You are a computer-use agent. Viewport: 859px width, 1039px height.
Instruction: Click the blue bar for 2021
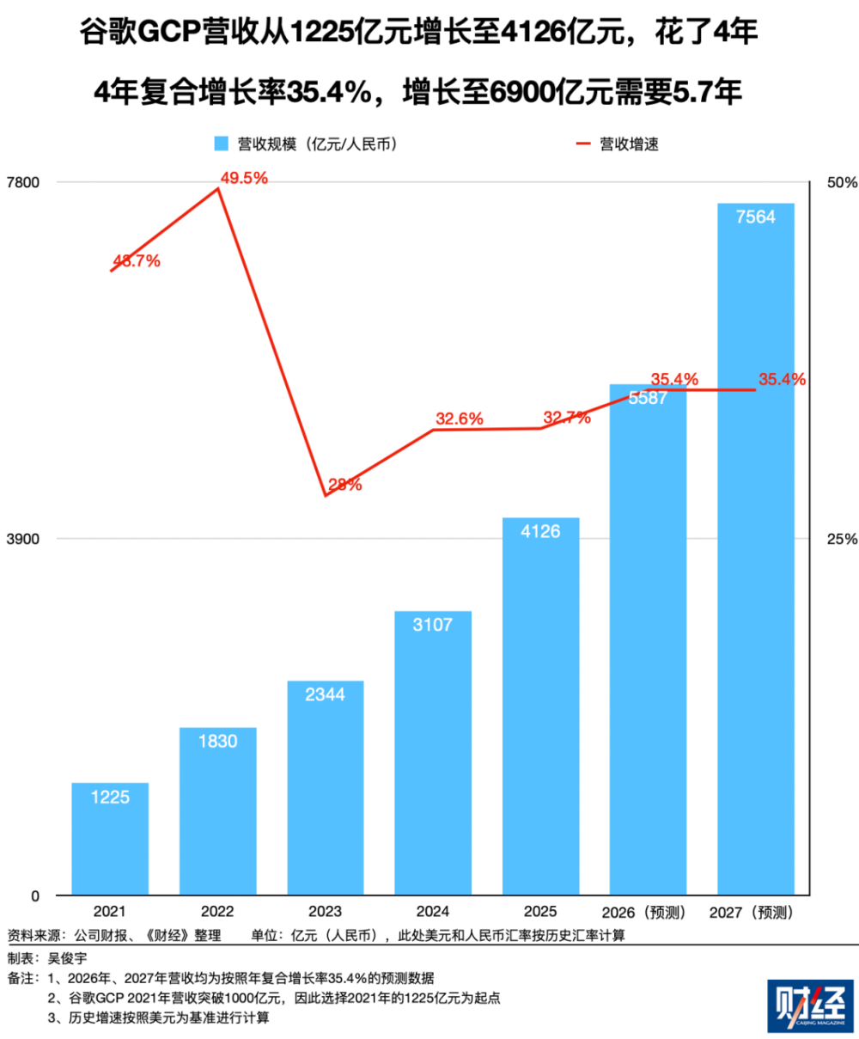(x=110, y=838)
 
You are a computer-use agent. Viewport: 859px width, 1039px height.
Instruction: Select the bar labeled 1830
(x=217, y=810)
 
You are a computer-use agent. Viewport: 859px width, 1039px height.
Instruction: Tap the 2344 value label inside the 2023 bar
(x=326, y=694)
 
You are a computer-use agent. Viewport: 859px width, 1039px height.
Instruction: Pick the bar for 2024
(x=433, y=752)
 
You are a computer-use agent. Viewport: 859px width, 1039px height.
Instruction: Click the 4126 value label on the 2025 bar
(x=540, y=532)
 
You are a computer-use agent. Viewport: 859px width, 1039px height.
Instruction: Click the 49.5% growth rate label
(x=244, y=178)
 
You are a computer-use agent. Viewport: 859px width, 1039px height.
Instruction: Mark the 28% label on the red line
(x=344, y=485)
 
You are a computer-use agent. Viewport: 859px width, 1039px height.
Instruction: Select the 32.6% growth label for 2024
(x=460, y=419)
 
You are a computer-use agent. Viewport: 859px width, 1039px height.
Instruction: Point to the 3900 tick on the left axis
(x=23, y=540)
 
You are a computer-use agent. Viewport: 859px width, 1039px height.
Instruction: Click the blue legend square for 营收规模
(x=222, y=144)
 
